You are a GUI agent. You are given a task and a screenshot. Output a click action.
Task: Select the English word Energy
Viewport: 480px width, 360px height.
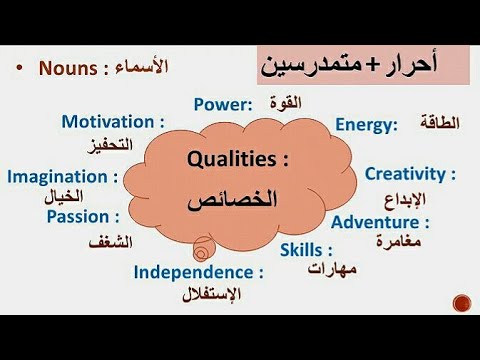click(365, 124)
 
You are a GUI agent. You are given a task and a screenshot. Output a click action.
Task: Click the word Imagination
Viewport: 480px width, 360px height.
click(60, 176)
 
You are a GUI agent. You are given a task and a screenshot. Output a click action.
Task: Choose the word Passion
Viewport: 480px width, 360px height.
click(81, 215)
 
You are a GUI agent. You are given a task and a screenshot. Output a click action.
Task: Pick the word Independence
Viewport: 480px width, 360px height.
click(196, 271)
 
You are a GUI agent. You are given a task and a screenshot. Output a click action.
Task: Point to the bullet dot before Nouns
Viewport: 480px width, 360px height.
click(19, 68)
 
